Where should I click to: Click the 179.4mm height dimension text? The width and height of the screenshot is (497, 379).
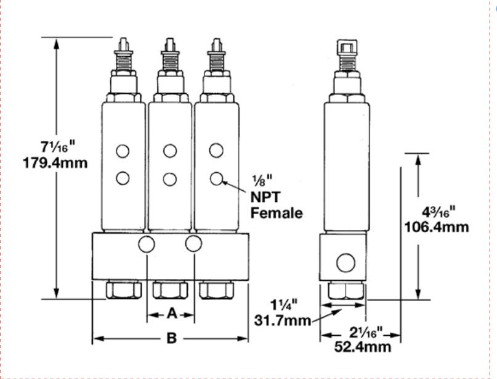[55, 164]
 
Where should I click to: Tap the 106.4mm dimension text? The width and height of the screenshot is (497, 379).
[436, 227]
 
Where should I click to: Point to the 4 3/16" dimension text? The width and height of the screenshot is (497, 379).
[435, 210]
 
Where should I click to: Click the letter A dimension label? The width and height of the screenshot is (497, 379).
[172, 314]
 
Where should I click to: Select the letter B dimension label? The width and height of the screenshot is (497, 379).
[172, 338]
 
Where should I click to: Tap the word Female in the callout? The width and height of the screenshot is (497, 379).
[276, 213]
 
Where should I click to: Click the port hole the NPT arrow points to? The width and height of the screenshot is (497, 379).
[216, 178]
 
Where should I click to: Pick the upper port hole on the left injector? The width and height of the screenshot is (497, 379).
[123, 151]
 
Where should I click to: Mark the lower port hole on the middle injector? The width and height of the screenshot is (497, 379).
[170, 179]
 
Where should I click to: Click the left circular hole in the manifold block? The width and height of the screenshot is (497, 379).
[147, 244]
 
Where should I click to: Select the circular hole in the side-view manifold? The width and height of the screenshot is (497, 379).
[345, 263]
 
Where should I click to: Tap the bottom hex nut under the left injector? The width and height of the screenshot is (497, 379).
[124, 290]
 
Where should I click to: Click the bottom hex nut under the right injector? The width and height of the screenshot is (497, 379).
[217, 290]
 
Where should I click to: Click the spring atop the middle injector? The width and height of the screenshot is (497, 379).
[170, 61]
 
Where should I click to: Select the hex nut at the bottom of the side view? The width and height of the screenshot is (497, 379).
[345, 291]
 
